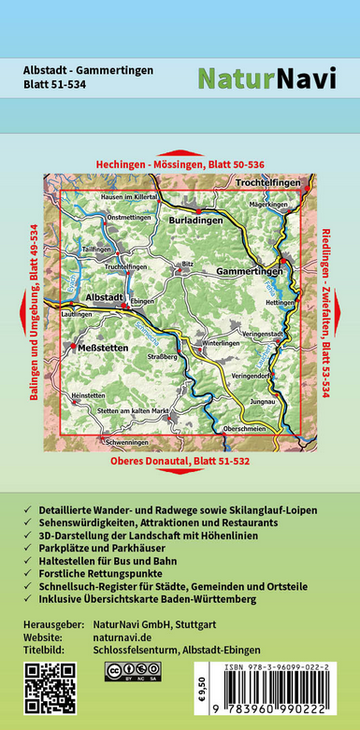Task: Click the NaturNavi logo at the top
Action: pos(266,79)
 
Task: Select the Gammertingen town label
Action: pos(244,270)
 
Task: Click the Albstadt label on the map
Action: pos(104,296)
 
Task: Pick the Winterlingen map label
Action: pos(222,343)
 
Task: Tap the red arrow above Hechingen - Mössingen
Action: pos(180,152)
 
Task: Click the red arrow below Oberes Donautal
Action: pos(180,472)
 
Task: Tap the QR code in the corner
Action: pos(49,688)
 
